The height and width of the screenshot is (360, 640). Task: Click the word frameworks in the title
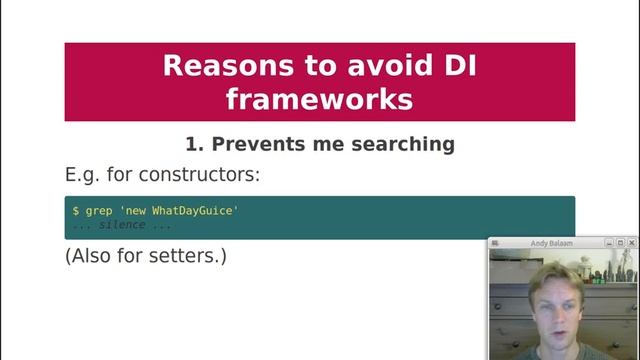[320, 99]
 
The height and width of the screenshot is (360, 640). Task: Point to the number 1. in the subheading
[194, 144]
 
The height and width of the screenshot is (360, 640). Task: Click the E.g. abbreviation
[85, 175]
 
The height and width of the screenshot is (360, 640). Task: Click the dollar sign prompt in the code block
[76, 211]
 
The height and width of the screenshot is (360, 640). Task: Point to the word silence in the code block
[121, 225]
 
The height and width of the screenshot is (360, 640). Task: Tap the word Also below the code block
[92, 256]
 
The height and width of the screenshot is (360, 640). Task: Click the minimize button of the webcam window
[608, 243]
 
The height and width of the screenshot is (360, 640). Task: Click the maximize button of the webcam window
[620, 243]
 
